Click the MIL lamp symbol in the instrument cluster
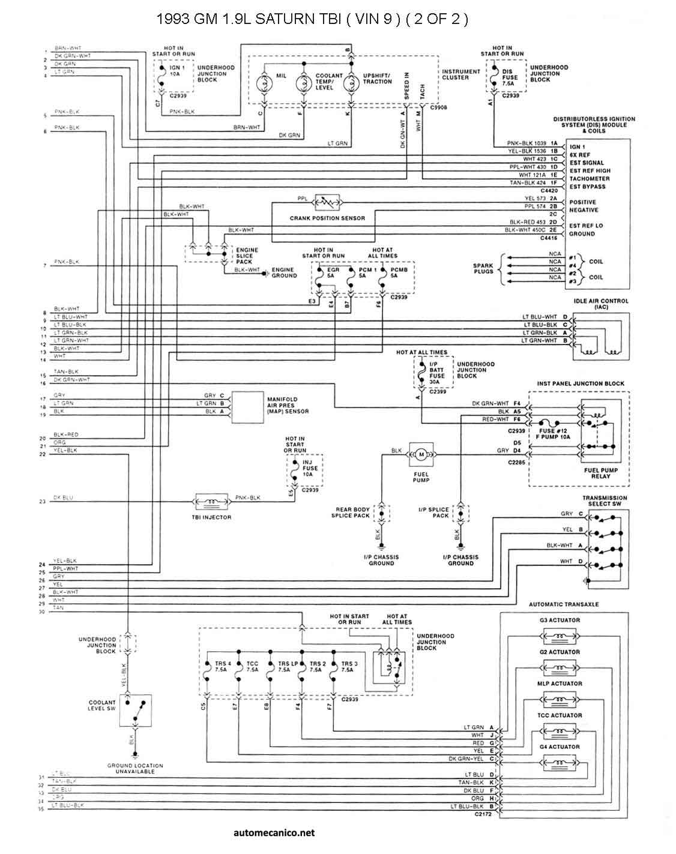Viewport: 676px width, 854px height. point(264,83)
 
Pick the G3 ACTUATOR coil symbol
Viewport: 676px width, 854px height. point(560,635)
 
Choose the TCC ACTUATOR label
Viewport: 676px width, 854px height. point(560,715)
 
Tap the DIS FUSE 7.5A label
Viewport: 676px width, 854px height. point(510,77)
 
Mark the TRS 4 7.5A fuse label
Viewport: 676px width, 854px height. point(223,666)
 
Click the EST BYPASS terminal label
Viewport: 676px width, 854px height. point(587,187)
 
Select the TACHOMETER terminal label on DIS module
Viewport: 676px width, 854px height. point(589,178)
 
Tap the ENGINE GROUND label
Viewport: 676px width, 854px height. point(284,273)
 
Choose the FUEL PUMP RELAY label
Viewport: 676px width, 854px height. point(600,473)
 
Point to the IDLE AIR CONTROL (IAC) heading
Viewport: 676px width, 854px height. point(602,304)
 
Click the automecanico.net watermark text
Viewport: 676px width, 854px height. point(273,832)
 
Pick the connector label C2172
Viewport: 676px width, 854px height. point(483,815)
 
